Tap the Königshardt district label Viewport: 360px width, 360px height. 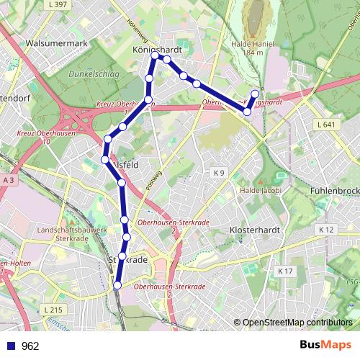[157, 50]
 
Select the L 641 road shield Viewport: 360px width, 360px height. [326, 125]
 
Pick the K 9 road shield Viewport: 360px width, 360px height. [219, 173]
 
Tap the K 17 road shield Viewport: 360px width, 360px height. [285, 271]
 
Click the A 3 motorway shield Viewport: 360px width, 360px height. [9, 179]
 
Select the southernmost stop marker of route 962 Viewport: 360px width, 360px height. [117, 286]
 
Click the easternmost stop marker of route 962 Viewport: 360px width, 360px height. [254, 94]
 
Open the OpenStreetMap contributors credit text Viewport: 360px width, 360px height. [297, 323]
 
